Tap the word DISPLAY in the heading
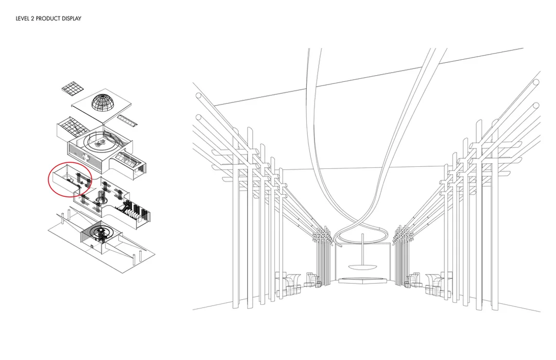[72, 19]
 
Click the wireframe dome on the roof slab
[103, 102]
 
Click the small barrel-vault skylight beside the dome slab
[127, 121]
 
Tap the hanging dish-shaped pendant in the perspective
[362, 267]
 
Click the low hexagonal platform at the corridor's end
[362, 281]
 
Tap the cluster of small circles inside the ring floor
[100, 143]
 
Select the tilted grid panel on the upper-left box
[73, 126]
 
